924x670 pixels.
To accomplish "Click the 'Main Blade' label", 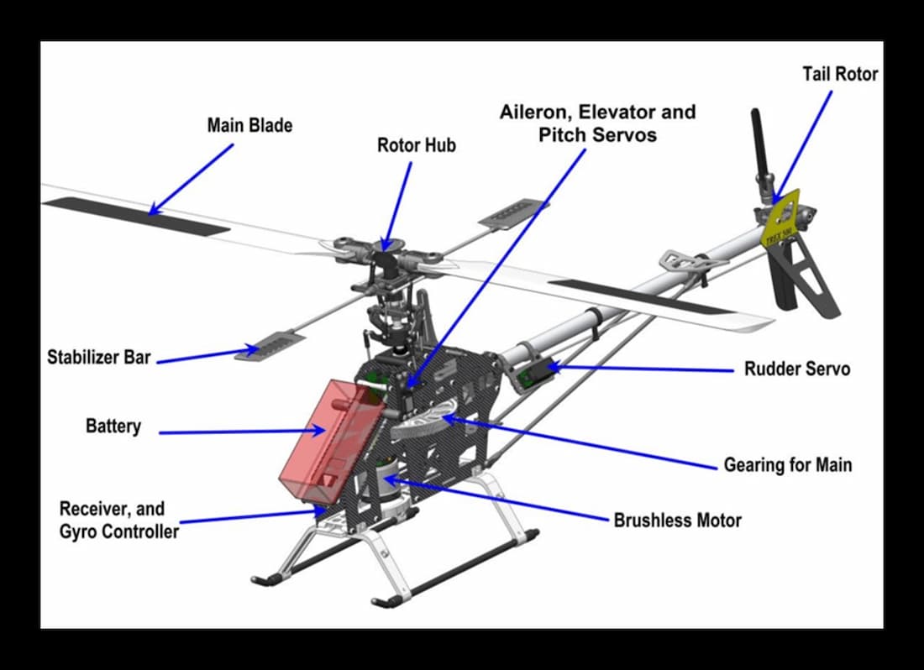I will [249, 126].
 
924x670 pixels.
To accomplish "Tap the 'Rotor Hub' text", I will [416, 145].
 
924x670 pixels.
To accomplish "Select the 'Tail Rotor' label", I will [840, 74].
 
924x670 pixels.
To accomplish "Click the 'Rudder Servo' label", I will [797, 369].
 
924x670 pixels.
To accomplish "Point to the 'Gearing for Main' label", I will [787, 464].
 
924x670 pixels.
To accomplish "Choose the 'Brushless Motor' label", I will [677, 520].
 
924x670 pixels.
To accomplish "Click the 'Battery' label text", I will [113, 426].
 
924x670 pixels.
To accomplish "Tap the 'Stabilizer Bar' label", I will [99, 358].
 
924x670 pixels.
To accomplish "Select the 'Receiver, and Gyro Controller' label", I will [118, 520].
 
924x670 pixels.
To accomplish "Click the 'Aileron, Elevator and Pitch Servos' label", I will [597, 123].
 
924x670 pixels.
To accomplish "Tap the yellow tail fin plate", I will [780, 221].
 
